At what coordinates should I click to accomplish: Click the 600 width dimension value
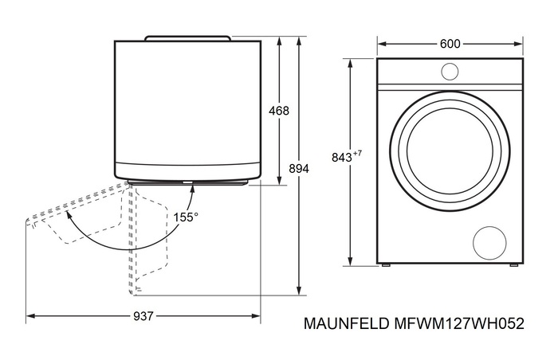pos(450,44)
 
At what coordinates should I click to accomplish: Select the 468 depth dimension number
pos(279,111)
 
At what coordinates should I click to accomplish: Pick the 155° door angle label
pos(187,216)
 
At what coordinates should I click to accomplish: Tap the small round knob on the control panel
pos(450,72)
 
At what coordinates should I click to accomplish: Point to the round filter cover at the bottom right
pos(489,241)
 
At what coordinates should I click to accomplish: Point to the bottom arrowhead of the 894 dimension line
pos(298,292)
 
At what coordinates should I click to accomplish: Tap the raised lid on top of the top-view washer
pos(187,37)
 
